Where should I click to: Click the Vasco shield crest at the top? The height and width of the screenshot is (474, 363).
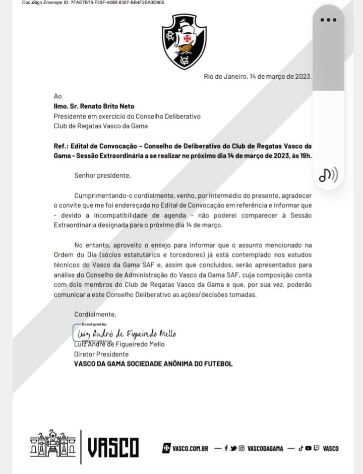tap(184, 41)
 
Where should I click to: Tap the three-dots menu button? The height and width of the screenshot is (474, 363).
tap(328, 20)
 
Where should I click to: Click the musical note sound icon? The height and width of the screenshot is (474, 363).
tap(328, 175)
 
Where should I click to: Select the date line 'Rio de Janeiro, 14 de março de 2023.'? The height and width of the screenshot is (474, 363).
tap(258, 77)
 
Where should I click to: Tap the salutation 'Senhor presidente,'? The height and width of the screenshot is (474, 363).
tap(102, 176)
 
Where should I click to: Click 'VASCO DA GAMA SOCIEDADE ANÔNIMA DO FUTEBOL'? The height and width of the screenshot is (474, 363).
tap(153, 363)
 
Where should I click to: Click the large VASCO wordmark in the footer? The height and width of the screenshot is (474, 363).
tap(113, 447)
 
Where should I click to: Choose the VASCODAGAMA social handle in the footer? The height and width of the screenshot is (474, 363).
tap(265, 448)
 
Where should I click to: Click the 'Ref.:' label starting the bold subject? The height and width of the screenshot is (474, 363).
tap(62, 146)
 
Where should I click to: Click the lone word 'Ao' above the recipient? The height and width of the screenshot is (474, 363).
tap(58, 96)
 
